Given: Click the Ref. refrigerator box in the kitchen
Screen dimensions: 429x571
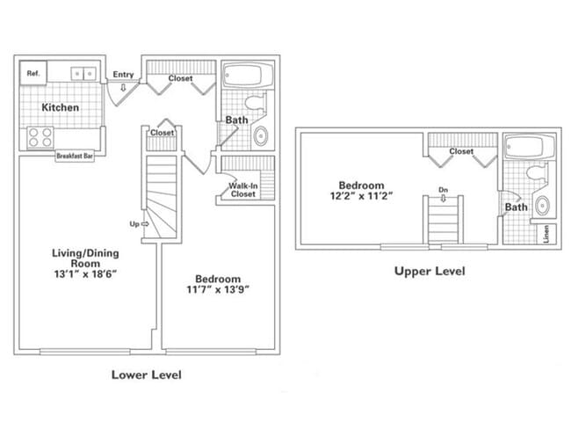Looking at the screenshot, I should [33, 73].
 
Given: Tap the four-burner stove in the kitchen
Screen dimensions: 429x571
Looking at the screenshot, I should [39, 137].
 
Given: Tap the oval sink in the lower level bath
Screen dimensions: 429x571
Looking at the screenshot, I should [261, 136].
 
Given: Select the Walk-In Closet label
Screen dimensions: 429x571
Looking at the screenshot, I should [242, 190].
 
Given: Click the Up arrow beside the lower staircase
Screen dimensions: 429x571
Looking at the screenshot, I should [138, 223].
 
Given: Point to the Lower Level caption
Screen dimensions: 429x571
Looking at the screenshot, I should [146, 374].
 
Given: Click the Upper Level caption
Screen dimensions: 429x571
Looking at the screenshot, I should [429, 272].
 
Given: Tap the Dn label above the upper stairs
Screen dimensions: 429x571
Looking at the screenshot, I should [444, 188].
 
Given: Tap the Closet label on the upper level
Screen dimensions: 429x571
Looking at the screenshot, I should [461, 152].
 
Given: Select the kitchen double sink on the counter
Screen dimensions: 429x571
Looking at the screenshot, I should [83, 73].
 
